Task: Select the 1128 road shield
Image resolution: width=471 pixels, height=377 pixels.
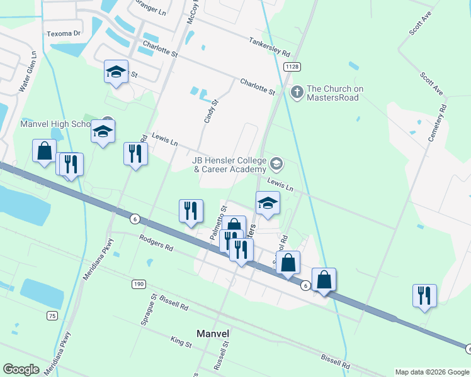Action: tap(291, 67)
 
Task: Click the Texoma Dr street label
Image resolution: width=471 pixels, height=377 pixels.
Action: tap(64, 33)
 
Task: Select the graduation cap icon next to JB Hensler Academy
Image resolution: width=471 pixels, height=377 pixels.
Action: tap(276, 165)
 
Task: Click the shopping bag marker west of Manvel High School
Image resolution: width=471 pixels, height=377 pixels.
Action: tap(44, 151)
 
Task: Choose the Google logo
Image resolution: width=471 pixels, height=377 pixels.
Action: tap(21, 369)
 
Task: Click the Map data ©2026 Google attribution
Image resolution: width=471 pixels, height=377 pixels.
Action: tap(431, 372)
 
